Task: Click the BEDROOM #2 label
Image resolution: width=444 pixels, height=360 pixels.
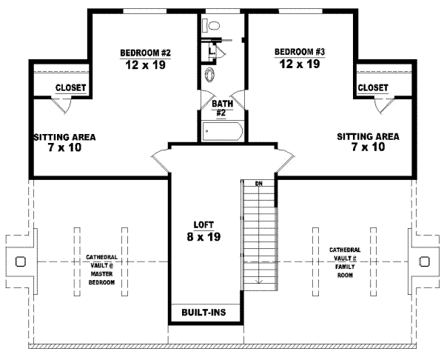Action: pyautogui.click(x=146, y=52)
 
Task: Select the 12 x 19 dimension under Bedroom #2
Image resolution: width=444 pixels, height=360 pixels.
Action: pyautogui.click(x=147, y=64)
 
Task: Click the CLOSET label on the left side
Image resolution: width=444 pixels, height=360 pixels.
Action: pyautogui.click(x=71, y=88)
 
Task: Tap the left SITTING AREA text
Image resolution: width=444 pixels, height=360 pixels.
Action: pyautogui.click(x=64, y=137)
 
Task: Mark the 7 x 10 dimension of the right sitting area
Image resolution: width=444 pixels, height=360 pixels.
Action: pyautogui.click(x=368, y=147)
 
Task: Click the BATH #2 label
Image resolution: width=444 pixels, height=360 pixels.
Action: pyautogui.click(x=223, y=108)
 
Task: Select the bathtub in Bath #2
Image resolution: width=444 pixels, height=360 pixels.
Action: pyautogui.click(x=222, y=132)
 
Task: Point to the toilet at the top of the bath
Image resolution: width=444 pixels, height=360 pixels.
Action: pyautogui.click(x=213, y=25)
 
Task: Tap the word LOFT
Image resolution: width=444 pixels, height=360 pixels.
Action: pyautogui.click(x=199, y=224)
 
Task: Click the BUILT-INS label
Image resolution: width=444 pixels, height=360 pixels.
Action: pyautogui.click(x=203, y=313)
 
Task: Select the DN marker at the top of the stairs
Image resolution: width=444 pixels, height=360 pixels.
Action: pyautogui.click(x=258, y=184)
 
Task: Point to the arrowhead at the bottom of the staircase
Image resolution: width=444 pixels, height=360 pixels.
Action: pyautogui.click(x=258, y=281)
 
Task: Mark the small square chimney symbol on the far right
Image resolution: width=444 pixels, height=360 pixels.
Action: pyautogui.click(x=424, y=261)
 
